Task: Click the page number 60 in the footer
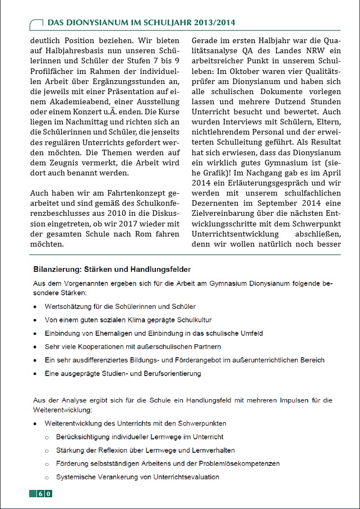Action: tap(45, 494)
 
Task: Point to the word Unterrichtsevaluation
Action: tap(181, 477)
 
